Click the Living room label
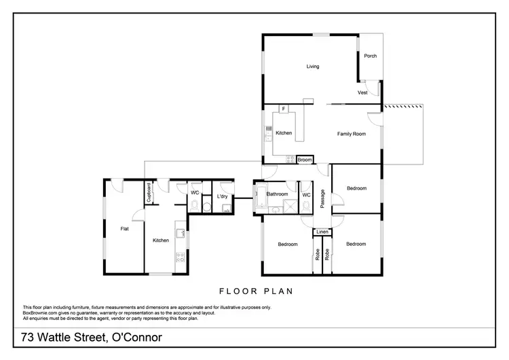pos(312,67)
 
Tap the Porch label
pos(370,56)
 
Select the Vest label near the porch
pos(363,92)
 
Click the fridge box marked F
pos(282,109)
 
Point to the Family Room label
pos(351,134)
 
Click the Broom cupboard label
pos(305,160)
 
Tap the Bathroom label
pos(278,194)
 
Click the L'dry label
pos(222,197)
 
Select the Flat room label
pos(125,229)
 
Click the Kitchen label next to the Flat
pos(160,240)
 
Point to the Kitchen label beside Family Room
pos(284,133)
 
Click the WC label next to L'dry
pos(195,193)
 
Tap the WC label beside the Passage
pos(305,195)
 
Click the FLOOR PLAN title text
pos(254,291)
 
